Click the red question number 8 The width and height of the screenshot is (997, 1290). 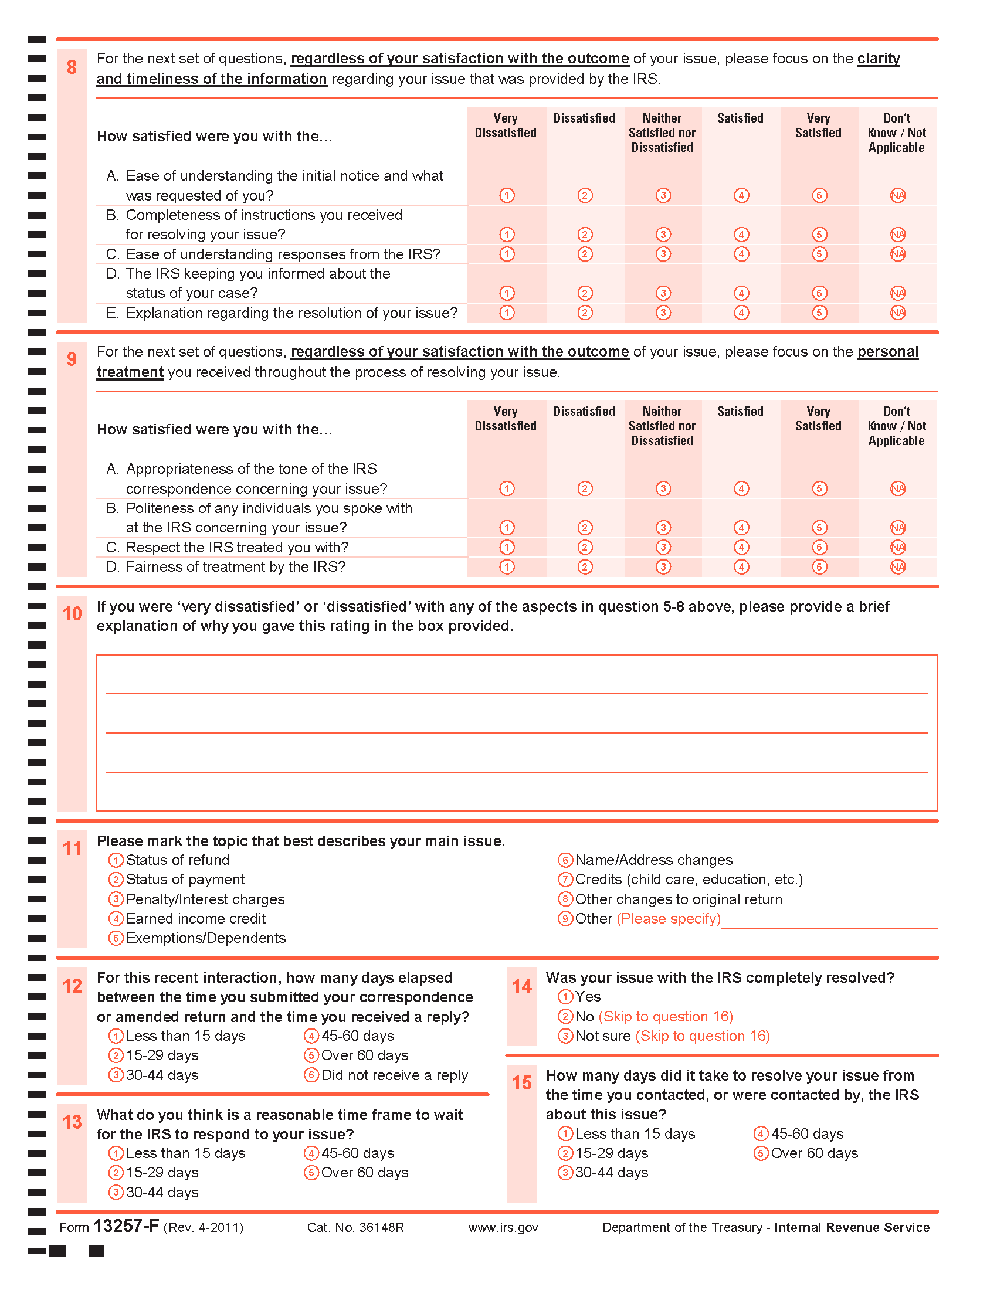tap(72, 67)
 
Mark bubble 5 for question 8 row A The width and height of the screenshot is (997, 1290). tap(819, 195)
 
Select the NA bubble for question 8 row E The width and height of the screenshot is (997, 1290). tap(898, 313)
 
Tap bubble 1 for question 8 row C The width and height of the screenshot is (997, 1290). tap(507, 254)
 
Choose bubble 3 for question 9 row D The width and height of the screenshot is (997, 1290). tap(663, 567)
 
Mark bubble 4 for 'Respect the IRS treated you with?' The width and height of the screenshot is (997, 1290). tap(741, 548)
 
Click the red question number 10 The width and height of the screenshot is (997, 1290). tap(72, 615)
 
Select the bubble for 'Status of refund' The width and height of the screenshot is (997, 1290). tap(116, 861)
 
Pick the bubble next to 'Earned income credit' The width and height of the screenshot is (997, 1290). tap(116, 919)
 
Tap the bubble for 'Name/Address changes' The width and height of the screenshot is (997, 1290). tap(565, 861)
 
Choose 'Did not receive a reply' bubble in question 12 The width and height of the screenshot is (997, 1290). tap(311, 1075)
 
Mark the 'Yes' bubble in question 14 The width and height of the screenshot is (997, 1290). tap(565, 997)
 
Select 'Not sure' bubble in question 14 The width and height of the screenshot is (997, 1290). tap(565, 1036)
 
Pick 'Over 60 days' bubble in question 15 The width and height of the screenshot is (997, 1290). tap(761, 1153)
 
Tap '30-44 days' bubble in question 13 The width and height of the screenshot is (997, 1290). tap(116, 1193)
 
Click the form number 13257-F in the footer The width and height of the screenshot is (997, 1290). tap(127, 1227)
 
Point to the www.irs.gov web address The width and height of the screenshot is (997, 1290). tap(503, 1228)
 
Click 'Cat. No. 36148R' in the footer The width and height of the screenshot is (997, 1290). tap(355, 1228)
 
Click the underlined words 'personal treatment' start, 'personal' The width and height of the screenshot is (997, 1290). tap(888, 352)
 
